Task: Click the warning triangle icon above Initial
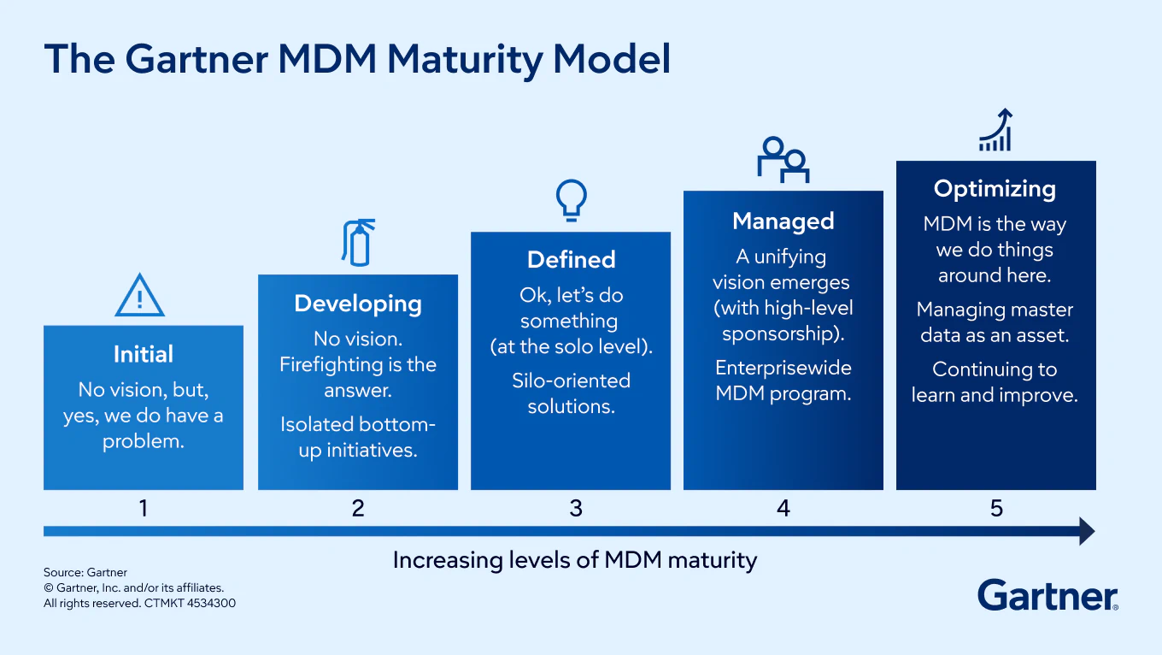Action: point(140,296)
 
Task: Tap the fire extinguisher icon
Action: point(357,242)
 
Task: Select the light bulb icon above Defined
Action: point(572,199)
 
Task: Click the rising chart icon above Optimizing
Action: point(996,131)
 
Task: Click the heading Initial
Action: point(144,354)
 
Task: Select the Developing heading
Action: point(358,304)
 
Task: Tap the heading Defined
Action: point(571,260)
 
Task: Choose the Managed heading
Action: point(783,221)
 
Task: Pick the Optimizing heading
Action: point(995,189)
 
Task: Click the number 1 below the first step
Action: point(144,508)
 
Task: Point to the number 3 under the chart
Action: point(576,508)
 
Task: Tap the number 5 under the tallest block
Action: point(996,508)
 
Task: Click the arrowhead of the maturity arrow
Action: point(1087,531)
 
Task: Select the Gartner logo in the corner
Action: point(1048,595)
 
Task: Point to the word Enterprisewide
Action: point(783,369)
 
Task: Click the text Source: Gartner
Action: point(85,572)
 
